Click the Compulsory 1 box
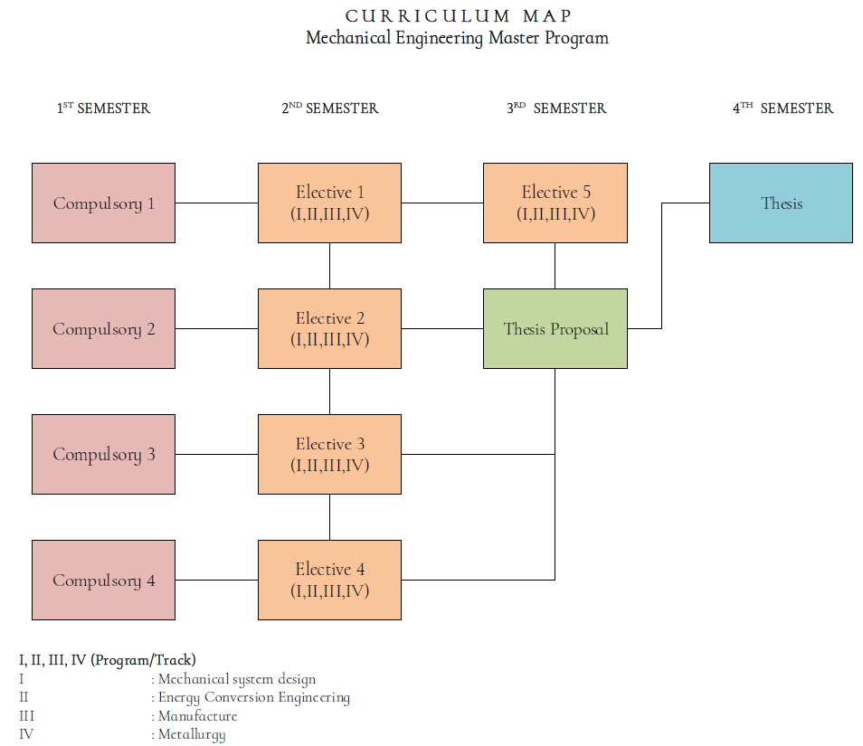[103, 203]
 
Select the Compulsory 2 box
[103, 328]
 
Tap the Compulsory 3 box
[103, 454]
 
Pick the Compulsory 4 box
[103, 580]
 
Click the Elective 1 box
[329, 203]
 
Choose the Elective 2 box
[329, 328]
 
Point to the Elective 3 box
[329, 454]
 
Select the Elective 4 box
[329, 580]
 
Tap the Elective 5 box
[555, 203]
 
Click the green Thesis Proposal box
[555, 328]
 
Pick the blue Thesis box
[781, 203]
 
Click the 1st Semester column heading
[103, 109]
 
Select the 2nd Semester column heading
[329, 109]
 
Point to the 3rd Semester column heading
[555, 109]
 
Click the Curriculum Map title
[458, 16]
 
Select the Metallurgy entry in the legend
[192, 734]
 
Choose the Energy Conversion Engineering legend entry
[253, 697]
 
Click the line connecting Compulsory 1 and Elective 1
[216, 203]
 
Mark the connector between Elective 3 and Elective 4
[329, 517]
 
